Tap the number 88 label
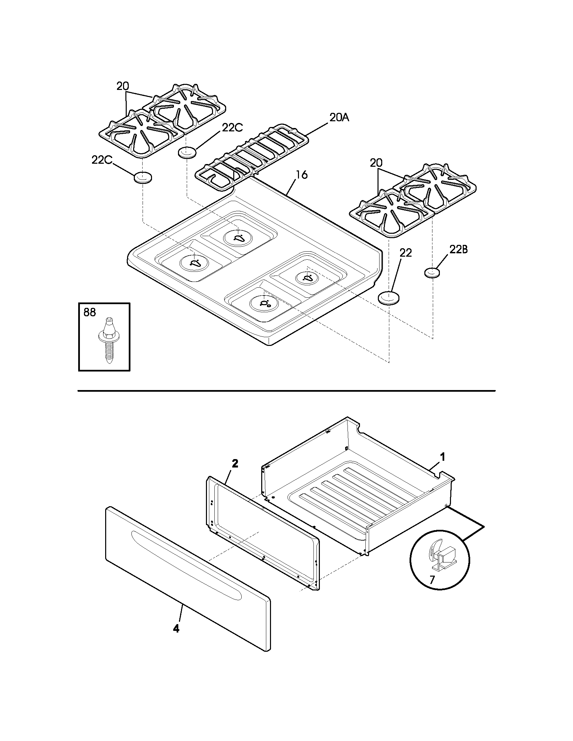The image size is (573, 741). pyautogui.click(x=90, y=313)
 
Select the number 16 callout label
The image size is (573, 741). pyautogui.click(x=301, y=175)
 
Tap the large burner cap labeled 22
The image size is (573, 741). pyautogui.click(x=389, y=298)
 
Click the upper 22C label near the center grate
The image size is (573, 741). pyautogui.click(x=233, y=128)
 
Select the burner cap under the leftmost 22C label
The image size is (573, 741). pyautogui.click(x=143, y=178)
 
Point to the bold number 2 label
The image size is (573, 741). pyautogui.click(x=235, y=464)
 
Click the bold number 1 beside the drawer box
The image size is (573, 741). pyautogui.click(x=442, y=457)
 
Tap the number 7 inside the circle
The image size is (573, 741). pyautogui.click(x=431, y=580)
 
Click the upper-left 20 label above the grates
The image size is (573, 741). pyautogui.click(x=123, y=87)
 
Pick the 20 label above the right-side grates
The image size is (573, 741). pyautogui.click(x=376, y=163)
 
